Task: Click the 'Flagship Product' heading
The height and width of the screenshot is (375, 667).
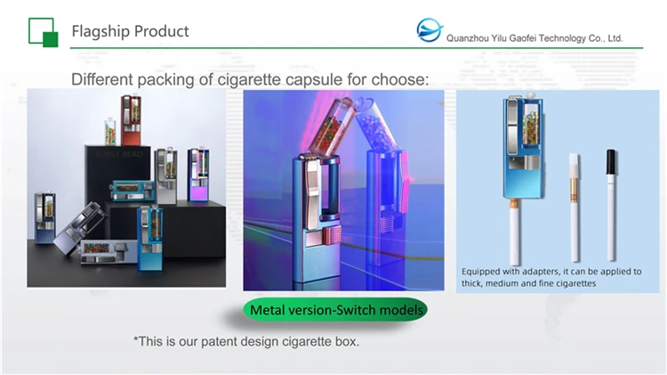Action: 130,31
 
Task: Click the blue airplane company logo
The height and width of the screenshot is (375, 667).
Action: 430,32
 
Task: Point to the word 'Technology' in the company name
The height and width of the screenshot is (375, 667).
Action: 559,39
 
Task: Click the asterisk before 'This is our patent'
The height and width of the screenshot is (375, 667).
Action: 135,341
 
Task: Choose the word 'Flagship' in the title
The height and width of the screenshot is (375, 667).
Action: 100,31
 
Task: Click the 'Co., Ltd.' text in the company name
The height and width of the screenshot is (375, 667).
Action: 604,39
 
